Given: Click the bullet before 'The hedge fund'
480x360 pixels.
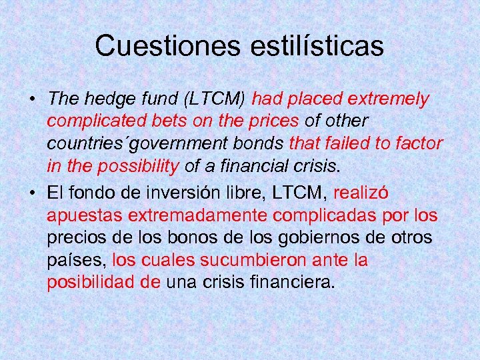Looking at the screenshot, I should click(31, 100).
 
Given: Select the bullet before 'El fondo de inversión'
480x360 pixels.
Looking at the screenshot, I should click(31, 193).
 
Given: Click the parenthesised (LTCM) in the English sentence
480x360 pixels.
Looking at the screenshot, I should click(215, 99).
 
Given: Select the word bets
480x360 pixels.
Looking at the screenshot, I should click(164, 122).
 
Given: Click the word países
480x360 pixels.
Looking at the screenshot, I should click(76, 260).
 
